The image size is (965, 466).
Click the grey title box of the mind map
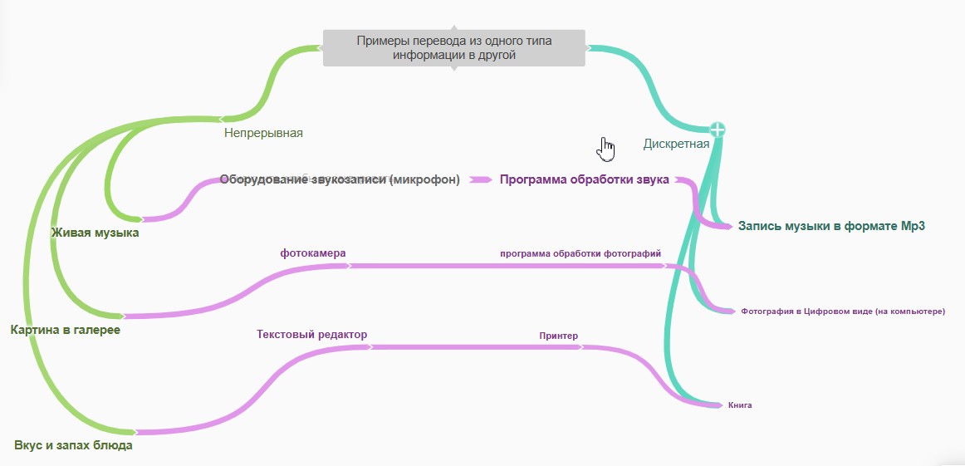[x=453, y=48]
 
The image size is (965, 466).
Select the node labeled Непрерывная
[x=263, y=132]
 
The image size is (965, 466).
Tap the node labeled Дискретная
[x=676, y=144]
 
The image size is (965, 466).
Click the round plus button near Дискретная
[x=718, y=130]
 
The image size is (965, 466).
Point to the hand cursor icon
[x=607, y=149]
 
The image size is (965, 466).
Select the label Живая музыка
[x=95, y=233]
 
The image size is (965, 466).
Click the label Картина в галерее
[x=66, y=330]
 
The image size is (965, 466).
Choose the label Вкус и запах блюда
[x=73, y=445]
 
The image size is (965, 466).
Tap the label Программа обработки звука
[x=584, y=179]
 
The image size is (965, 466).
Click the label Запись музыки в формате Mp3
[x=831, y=225]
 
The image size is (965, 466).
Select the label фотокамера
[x=313, y=253]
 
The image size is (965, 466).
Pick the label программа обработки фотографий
[x=580, y=253]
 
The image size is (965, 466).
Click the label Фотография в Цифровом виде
[x=843, y=311]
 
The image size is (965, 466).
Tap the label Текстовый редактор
[x=311, y=334]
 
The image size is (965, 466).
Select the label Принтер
[x=558, y=336]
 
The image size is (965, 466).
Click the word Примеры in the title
[x=381, y=41]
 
